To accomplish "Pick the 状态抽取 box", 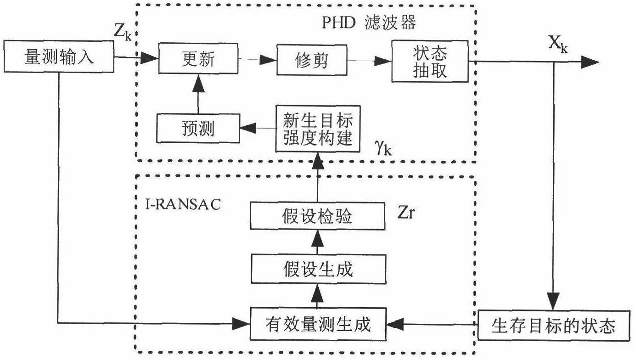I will (430, 61).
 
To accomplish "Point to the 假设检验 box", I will (317, 216).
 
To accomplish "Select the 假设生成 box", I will (317, 269).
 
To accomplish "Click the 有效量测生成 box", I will (317, 325).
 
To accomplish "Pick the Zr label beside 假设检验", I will (406, 213).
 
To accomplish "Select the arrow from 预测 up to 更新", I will (197, 94).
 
